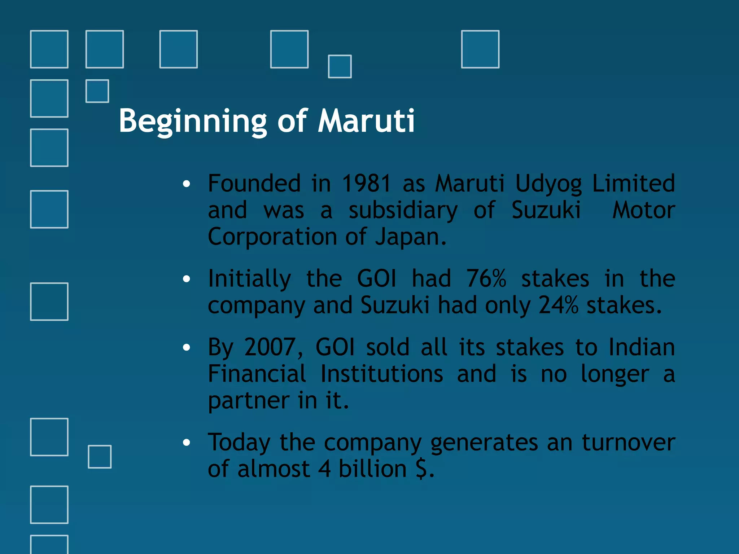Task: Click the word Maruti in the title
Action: tap(366, 121)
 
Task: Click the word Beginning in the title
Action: tap(193, 122)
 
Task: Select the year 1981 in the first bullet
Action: tap(366, 183)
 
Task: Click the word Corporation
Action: tap(272, 237)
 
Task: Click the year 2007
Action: tap(270, 347)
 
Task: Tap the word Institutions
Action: tap(382, 374)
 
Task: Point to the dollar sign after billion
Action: tap(422, 469)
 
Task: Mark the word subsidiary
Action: tap(403, 211)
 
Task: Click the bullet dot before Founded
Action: tap(186, 184)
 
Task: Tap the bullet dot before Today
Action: tap(186, 443)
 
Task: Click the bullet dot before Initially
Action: tap(186, 279)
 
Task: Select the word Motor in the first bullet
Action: tap(644, 210)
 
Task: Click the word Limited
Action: tap(633, 183)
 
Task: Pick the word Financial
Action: tap(257, 374)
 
